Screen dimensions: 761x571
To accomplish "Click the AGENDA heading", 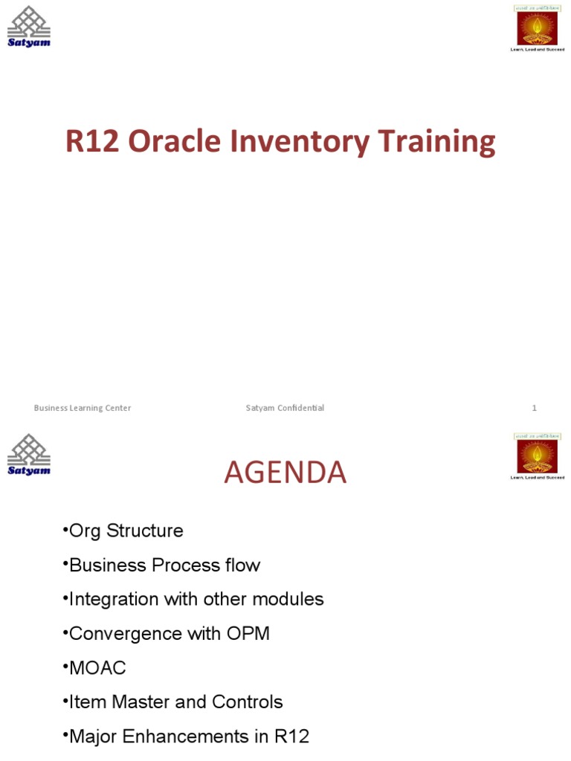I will tap(285, 473).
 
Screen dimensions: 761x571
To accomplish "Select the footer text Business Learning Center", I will tap(83, 408).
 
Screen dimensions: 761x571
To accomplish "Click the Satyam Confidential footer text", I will tap(285, 408).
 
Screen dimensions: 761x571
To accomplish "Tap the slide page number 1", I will tap(534, 408).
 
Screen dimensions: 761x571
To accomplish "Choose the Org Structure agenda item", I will tap(125, 531).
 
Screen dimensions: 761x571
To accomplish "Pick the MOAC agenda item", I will tap(97, 667).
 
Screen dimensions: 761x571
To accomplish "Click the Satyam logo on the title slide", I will tap(29, 26).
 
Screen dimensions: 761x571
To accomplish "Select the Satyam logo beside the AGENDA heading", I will tap(29, 455).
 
